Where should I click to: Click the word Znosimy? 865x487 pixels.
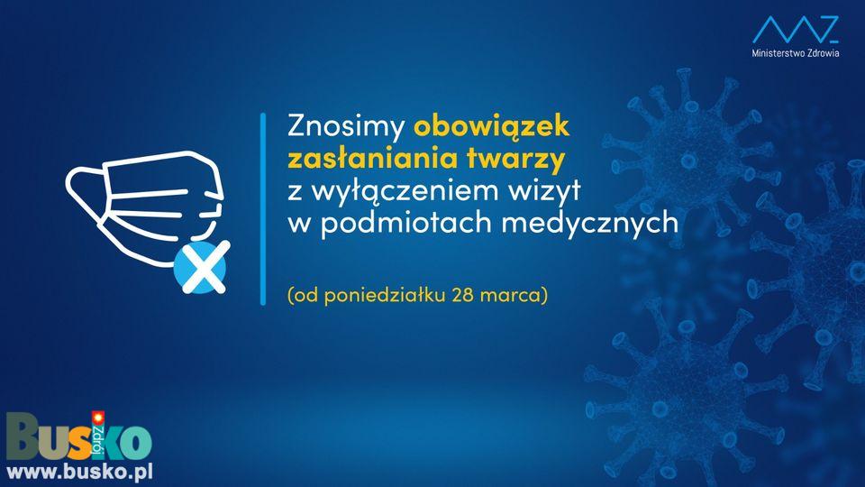coord(346,127)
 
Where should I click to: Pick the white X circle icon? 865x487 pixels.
coord(201,267)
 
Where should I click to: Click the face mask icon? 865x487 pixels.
coord(145,207)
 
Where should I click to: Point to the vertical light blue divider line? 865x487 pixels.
coord(263,208)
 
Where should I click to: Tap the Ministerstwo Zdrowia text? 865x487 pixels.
coord(796,53)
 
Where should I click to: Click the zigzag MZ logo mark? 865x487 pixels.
coord(796,29)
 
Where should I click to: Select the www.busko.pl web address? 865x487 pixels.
coord(79,473)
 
